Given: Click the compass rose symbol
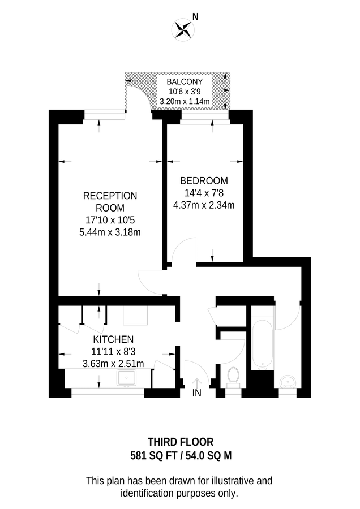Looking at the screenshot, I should [x=183, y=29].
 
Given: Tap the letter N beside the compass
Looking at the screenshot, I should [x=195, y=17].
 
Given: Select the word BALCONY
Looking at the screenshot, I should [x=185, y=82].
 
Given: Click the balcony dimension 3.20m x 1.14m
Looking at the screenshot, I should [x=185, y=102].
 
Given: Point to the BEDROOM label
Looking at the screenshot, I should [x=204, y=181].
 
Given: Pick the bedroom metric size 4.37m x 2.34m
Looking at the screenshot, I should [x=204, y=205].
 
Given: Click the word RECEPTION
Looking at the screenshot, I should [x=110, y=196].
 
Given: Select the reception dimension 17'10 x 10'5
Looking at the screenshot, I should [x=110, y=220].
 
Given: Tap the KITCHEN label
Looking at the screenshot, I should [x=113, y=339].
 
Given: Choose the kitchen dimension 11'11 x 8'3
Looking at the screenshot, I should [x=113, y=351].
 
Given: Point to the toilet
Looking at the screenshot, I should [x=233, y=376].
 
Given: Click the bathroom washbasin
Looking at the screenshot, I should [x=289, y=381].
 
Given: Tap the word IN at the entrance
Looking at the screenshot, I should [x=197, y=393].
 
